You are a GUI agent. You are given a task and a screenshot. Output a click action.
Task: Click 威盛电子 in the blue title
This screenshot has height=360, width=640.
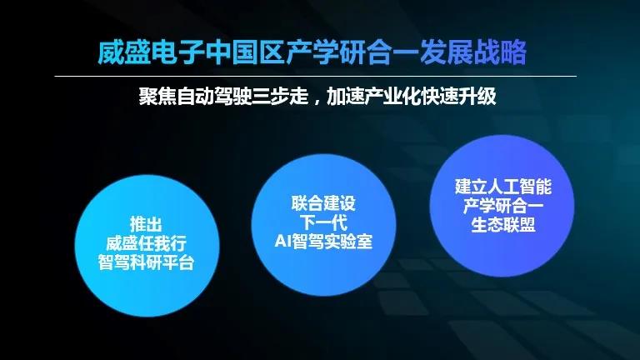pyautogui.click(x=151, y=52)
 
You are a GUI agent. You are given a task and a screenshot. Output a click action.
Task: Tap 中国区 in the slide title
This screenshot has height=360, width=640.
pyautogui.click(x=244, y=52)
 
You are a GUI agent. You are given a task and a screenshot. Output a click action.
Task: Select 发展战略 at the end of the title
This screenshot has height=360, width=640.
pyautogui.click(x=473, y=52)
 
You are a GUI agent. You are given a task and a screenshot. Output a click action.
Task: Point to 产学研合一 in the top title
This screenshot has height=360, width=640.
pyautogui.click(x=352, y=52)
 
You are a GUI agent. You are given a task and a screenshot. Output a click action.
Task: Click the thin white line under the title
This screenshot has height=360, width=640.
pyautogui.click(x=316, y=77)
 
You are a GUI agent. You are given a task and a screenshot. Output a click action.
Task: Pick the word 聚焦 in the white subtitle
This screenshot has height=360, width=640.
pyautogui.click(x=157, y=97)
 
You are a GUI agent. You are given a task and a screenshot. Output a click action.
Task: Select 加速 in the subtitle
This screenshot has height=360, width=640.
pyautogui.click(x=345, y=97)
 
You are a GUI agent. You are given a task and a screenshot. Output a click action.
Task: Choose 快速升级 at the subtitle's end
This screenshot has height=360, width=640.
pyautogui.click(x=459, y=97)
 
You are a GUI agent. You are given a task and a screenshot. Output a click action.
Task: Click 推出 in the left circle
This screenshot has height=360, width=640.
pyautogui.click(x=146, y=224)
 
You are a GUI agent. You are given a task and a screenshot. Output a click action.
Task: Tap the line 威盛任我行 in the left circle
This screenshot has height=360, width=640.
pyautogui.click(x=146, y=243)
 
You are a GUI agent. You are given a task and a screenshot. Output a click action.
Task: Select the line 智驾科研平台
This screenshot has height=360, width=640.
pyautogui.click(x=146, y=262)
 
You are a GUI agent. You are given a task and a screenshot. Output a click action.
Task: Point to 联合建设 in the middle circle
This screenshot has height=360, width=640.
pyautogui.click(x=323, y=203)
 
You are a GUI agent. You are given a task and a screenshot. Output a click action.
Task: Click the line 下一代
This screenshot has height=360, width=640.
pyautogui.click(x=323, y=222)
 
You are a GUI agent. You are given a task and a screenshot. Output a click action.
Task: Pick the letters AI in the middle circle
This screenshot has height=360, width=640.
pyautogui.click(x=282, y=241)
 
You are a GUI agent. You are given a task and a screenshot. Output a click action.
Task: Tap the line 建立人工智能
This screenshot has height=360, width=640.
pyautogui.click(x=503, y=187)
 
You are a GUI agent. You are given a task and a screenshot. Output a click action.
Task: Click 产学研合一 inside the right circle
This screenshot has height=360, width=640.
pyautogui.click(x=503, y=206)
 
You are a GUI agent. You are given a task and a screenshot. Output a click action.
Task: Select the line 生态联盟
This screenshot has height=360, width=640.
pyautogui.click(x=503, y=225)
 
